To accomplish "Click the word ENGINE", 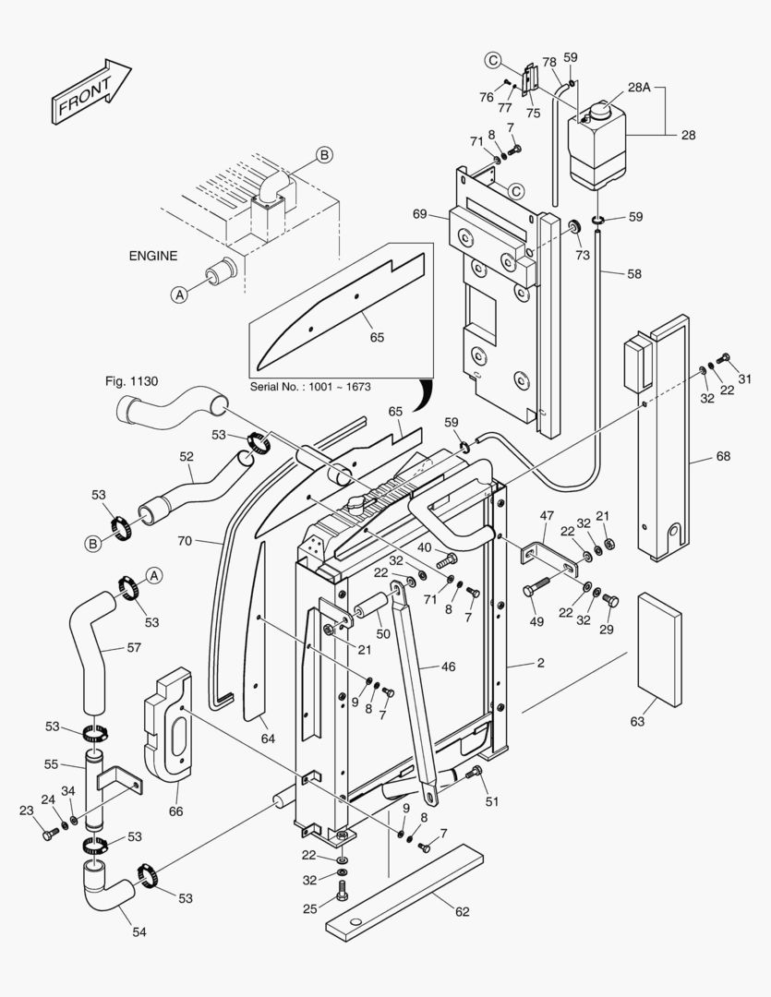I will click(152, 256).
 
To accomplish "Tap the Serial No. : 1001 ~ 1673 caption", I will click(310, 386).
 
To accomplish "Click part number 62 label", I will click(462, 911).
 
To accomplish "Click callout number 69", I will click(419, 214).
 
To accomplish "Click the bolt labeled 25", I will click(343, 891).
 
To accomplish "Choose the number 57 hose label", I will click(134, 648).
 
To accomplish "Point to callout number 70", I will click(185, 541).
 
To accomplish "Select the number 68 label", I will click(723, 456).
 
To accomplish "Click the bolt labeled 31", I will click(724, 358).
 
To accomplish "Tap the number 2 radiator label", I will click(540, 664).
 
